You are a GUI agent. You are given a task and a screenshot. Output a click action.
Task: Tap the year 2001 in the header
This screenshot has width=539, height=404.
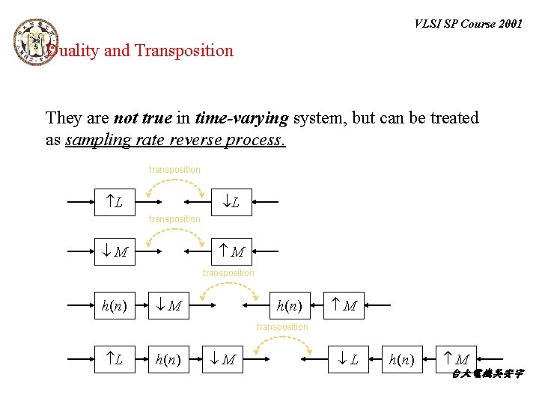click(x=508, y=24)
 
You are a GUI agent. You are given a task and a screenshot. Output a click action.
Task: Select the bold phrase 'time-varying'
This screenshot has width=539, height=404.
click(x=242, y=118)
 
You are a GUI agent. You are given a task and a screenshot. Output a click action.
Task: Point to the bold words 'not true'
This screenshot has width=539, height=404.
click(x=141, y=118)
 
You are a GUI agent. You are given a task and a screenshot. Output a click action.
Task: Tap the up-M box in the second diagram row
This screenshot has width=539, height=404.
click(x=231, y=251)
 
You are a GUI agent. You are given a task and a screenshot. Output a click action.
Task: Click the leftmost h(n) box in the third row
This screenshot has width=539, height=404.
click(x=114, y=305)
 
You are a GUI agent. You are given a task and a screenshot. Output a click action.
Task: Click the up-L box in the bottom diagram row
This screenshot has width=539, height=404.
click(x=114, y=360)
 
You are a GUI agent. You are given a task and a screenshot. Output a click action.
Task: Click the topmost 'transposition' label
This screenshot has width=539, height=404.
click(x=174, y=170)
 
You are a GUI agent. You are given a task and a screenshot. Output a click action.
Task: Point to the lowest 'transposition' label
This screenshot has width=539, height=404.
click(x=282, y=327)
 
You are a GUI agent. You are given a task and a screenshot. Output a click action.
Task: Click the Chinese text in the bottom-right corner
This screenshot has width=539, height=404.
click(x=487, y=373)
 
